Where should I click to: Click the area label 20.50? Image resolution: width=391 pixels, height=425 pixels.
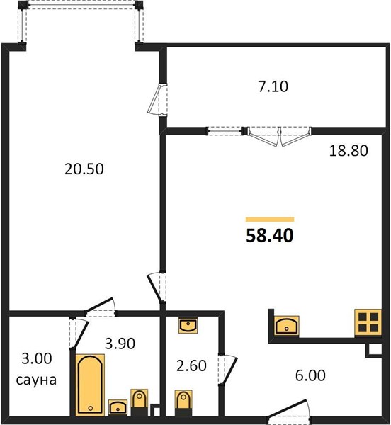click(84, 169)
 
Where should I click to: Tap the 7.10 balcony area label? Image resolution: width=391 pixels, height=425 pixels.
click(273, 86)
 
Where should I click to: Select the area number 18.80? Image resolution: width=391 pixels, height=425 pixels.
click(348, 151)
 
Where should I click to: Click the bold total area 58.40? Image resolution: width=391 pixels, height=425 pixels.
click(270, 235)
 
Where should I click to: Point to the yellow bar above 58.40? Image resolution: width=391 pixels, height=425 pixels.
click(270, 220)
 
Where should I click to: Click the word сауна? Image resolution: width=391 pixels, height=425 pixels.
click(36, 380)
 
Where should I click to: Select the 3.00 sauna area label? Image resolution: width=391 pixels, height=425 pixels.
click(37, 358)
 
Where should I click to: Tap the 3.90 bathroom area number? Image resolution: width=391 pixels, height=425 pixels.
click(120, 344)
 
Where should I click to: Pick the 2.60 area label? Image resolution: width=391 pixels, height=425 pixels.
click(191, 365)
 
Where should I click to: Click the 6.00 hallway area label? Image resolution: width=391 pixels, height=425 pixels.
click(310, 375)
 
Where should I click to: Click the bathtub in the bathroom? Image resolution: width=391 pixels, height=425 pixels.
click(90, 385)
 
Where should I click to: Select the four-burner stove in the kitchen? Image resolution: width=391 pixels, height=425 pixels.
click(368, 323)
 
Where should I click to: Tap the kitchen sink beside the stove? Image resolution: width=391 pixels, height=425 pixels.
click(287, 326)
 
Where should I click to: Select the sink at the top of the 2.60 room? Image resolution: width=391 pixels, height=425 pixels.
click(188, 326)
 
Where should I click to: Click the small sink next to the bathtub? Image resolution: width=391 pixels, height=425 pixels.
click(118, 407)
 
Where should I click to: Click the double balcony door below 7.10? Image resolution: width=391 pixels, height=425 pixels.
click(280, 136)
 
